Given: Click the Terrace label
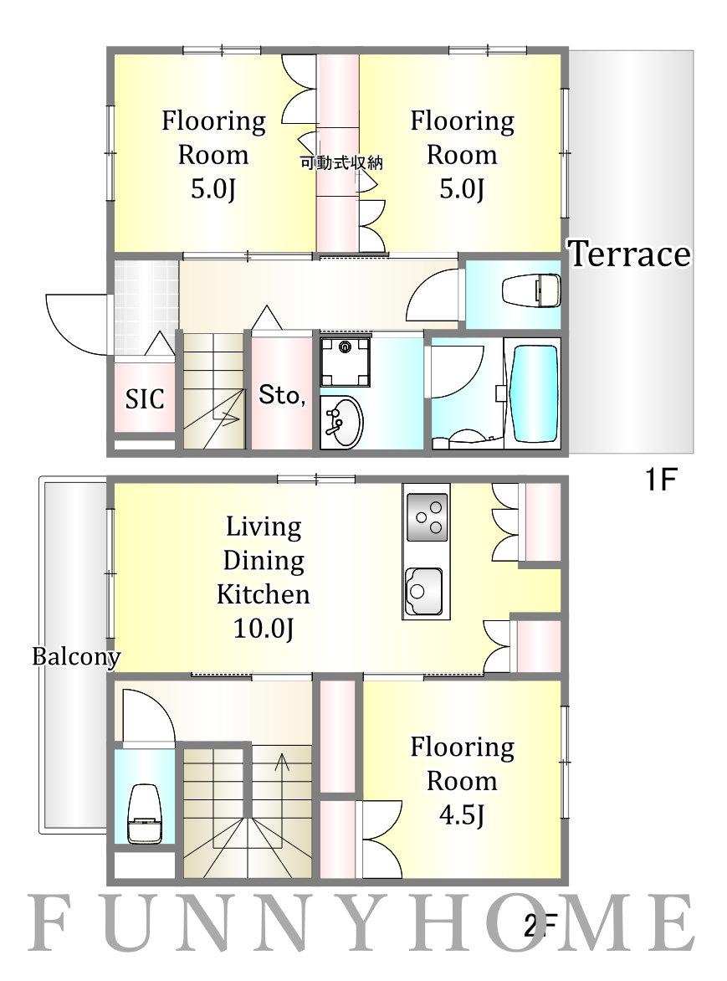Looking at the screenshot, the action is coord(629,254).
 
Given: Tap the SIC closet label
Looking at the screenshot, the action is coord(145,398).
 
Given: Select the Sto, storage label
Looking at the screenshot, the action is coord(282,395).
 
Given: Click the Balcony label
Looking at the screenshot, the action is coord(76,656).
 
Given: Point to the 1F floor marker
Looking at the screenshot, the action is coord(660,480).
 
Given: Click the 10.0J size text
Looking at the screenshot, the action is coord(264,628).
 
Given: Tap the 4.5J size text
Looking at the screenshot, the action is coord(461,815).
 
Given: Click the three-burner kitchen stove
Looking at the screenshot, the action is coord(427,516).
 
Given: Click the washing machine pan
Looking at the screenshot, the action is coord(345,362).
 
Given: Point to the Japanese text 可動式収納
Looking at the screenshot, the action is coord(341,164).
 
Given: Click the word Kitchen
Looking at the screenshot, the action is coord(264,593).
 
